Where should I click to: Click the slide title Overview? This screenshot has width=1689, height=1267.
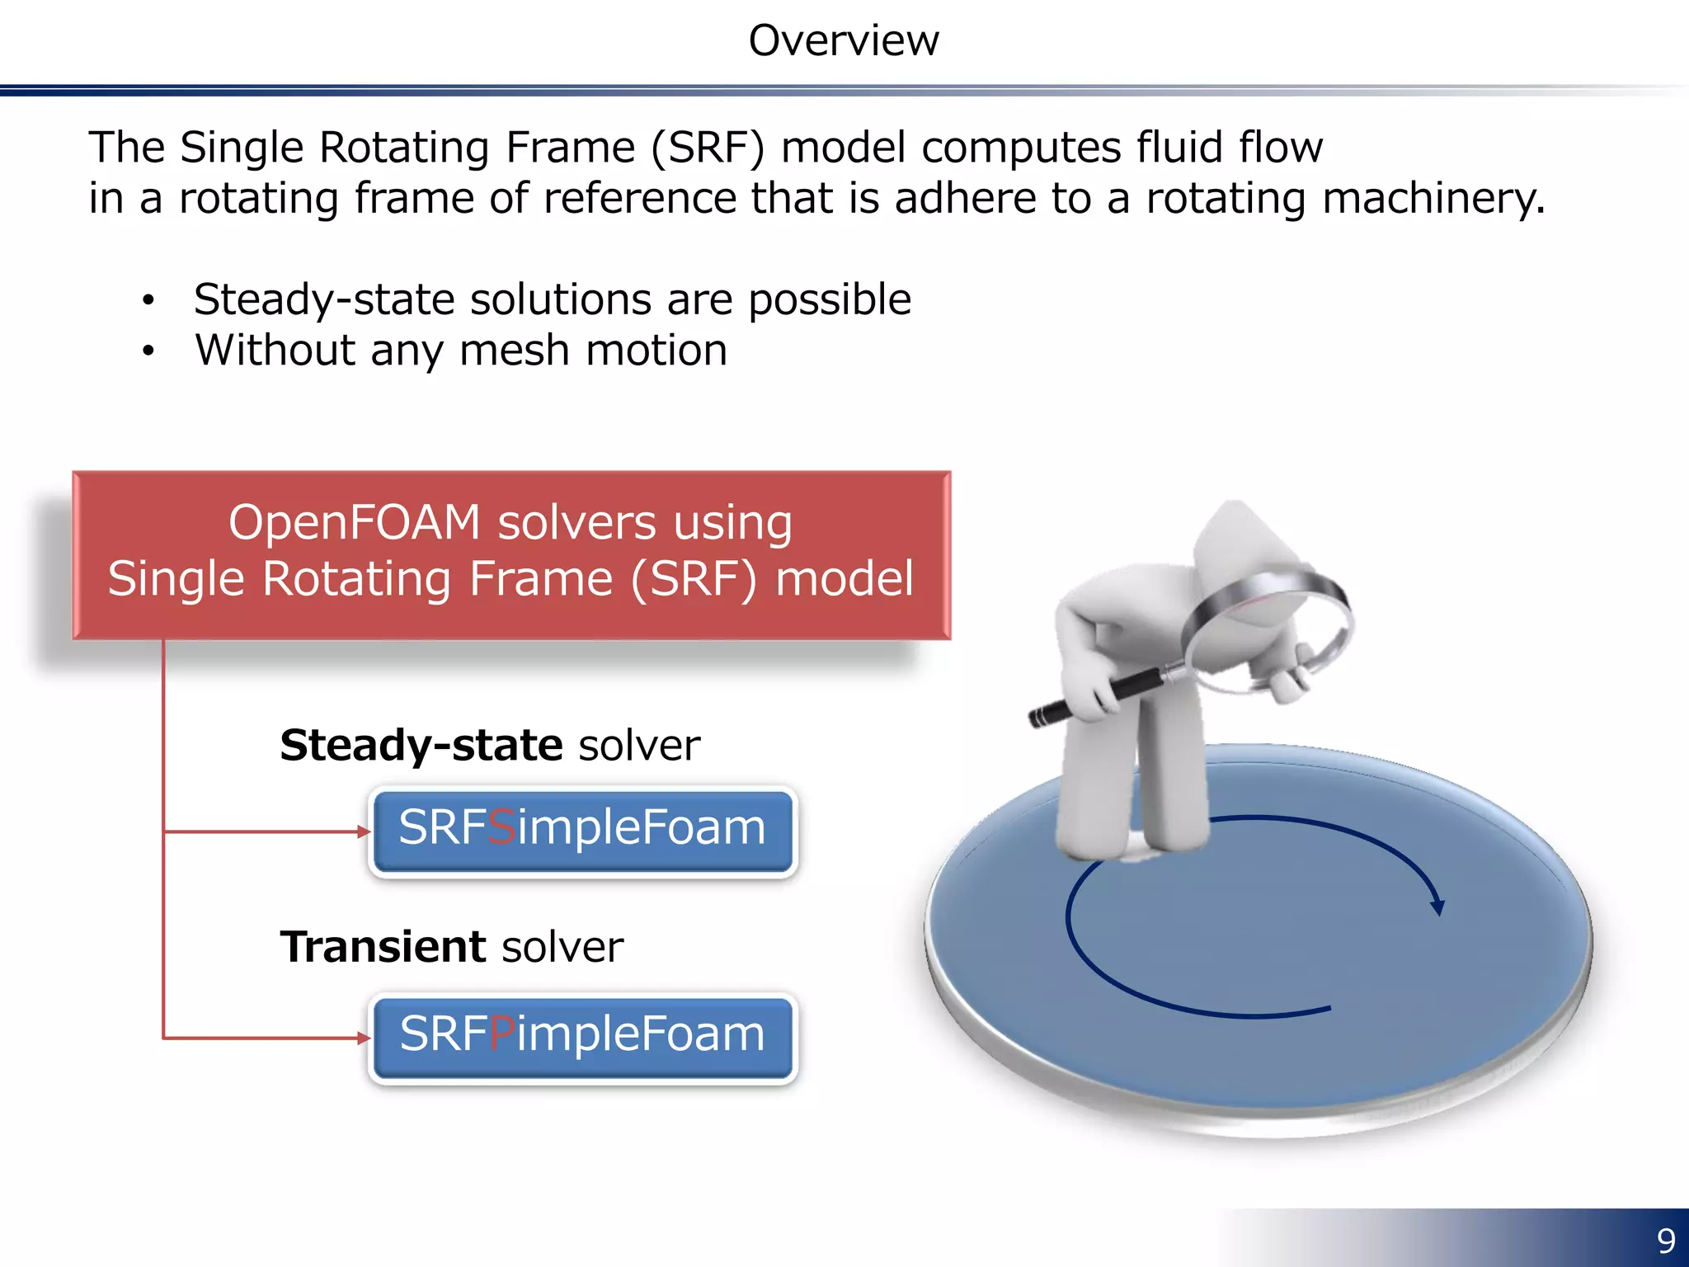click(843, 40)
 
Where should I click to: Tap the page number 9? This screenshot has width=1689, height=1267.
click(1666, 1241)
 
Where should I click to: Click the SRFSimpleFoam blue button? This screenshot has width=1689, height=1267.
click(583, 831)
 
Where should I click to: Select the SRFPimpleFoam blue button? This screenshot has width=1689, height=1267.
click(583, 1037)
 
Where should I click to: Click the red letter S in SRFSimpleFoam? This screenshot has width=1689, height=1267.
click(501, 827)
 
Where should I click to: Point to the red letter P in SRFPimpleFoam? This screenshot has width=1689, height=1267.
click(502, 1034)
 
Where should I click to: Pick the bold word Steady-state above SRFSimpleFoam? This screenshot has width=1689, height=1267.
click(421, 745)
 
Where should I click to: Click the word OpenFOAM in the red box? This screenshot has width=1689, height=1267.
click(355, 523)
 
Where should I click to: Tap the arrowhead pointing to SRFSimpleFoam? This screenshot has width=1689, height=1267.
click(364, 831)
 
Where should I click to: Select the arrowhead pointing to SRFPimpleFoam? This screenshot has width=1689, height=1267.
click(364, 1038)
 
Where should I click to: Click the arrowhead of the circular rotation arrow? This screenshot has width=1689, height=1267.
click(1437, 907)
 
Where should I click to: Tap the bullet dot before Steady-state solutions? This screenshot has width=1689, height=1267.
click(148, 300)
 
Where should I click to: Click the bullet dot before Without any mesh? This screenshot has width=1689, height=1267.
click(148, 352)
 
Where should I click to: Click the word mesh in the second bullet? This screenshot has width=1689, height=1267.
click(515, 351)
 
